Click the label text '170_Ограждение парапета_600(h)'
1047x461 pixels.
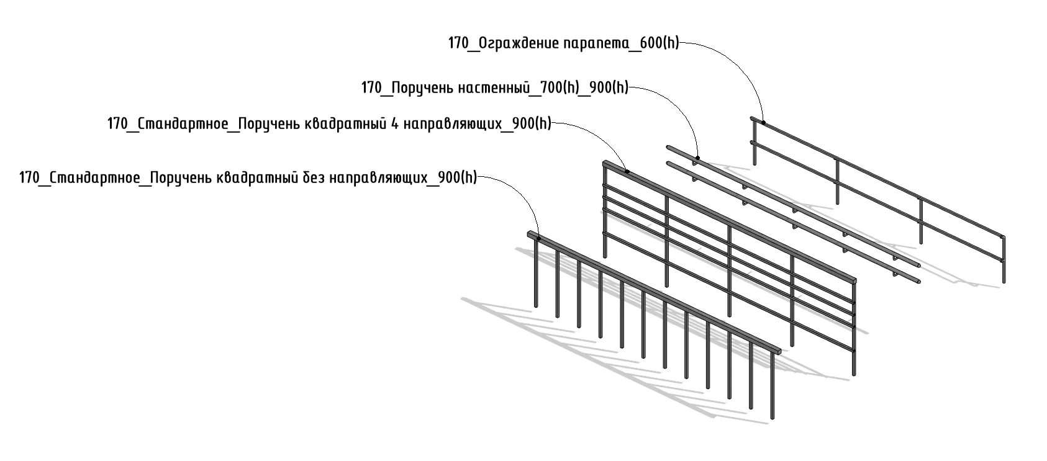pos(564,44)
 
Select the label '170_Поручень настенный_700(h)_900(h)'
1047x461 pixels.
pos(495,88)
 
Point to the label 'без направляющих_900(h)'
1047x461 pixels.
pos(248,178)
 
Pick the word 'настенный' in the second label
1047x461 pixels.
pos(492,88)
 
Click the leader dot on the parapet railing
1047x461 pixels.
pos(763,123)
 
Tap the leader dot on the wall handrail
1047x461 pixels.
pos(697,158)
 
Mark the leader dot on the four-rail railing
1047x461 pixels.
pos(627,171)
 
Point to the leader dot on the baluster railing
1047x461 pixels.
pos(538,238)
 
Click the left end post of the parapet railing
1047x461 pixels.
pos(754,143)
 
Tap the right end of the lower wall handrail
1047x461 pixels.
pos(918,280)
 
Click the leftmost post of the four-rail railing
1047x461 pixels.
pos(604,211)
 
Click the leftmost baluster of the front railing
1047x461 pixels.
pos(536,273)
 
